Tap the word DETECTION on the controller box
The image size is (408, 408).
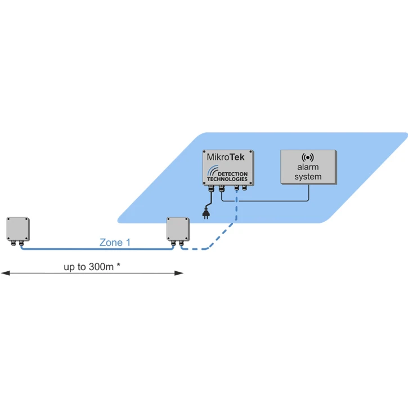(x=232, y=173)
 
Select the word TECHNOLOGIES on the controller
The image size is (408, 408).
(x=227, y=179)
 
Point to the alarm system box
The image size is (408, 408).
(x=308, y=167)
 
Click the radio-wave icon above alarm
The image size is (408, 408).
(x=308, y=158)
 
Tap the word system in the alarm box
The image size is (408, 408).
(x=308, y=177)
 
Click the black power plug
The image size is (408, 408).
(x=207, y=213)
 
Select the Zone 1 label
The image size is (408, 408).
(x=115, y=243)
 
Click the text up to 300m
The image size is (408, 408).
(x=89, y=267)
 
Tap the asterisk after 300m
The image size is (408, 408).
(x=119, y=266)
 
